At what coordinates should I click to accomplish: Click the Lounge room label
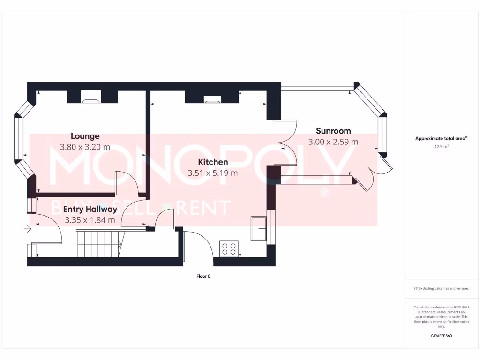click(x=85, y=136)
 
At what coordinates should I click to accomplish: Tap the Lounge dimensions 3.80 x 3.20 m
click(x=85, y=147)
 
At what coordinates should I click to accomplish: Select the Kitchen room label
click(x=213, y=162)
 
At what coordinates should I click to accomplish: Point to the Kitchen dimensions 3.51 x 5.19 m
click(x=213, y=172)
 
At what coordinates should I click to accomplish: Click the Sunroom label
click(x=333, y=131)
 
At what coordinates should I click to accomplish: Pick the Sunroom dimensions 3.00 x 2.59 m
click(x=333, y=142)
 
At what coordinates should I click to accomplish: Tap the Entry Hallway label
click(x=90, y=209)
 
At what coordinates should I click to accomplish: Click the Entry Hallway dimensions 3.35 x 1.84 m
click(x=90, y=219)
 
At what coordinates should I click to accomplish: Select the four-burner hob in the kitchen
click(x=229, y=248)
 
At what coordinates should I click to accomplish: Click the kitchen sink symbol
click(x=259, y=228)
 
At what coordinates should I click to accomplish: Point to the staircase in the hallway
click(x=98, y=243)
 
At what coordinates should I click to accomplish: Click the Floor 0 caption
click(x=203, y=276)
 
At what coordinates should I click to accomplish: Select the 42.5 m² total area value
click(x=441, y=147)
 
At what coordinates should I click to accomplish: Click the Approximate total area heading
click(x=440, y=138)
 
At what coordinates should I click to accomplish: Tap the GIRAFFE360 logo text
click(x=441, y=336)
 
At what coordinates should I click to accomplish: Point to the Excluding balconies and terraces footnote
click(x=441, y=288)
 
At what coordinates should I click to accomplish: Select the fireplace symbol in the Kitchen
click(x=212, y=99)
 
